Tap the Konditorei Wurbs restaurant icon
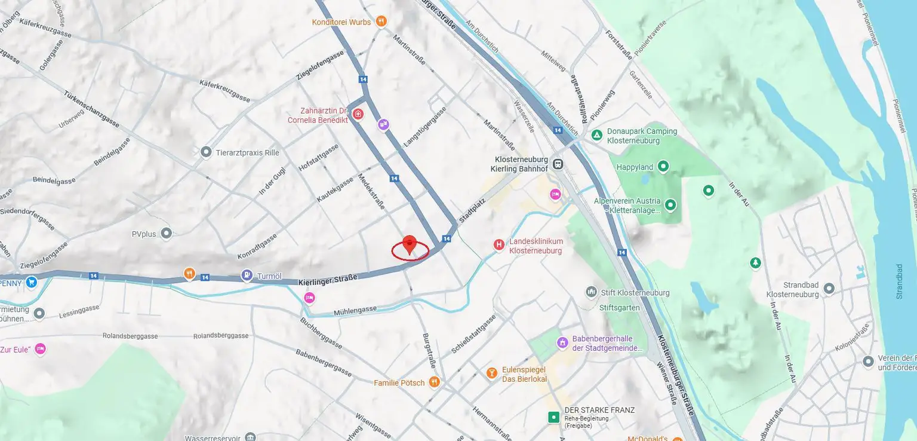point(381,22)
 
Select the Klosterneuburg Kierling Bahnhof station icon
point(558,164)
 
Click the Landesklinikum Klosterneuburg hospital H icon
point(498,244)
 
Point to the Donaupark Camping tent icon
point(596,135)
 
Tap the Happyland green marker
point(663,166)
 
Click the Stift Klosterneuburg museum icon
point(591,292)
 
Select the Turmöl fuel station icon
point(247,275)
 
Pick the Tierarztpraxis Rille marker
point(206,152)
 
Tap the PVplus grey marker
point(167,233)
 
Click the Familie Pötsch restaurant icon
point(434,382)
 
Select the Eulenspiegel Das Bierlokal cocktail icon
point(491,373)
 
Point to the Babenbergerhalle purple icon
point(562,342)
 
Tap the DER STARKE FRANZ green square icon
point(554,416)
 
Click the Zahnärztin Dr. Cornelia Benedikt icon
point(358,114)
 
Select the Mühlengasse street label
point(355,310)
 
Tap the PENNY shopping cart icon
point(31,281)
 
